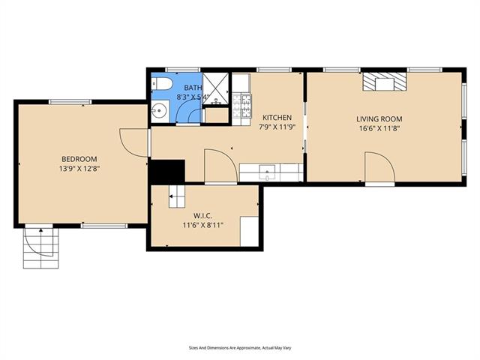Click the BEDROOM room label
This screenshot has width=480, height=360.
tap(79, 159)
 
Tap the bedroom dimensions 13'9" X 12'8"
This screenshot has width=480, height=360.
tap(79, 169)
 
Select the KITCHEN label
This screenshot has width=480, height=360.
tap(277, 118)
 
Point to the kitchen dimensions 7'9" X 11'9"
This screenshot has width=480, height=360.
tap(277, 127)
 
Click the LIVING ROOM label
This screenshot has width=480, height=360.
tap(379, 118)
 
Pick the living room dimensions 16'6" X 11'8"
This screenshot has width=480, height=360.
tap(379, 128)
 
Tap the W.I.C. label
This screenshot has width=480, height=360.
tap(202, 216)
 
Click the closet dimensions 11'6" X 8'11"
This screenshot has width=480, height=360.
tap(203, 226)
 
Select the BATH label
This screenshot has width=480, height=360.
tap(193, 88)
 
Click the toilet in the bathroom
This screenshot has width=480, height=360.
tap(162, 84)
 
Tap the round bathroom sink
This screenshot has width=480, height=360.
tap(160, 110)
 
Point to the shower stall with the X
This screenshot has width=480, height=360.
tap(216, 88)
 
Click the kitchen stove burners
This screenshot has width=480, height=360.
tap(241, 106)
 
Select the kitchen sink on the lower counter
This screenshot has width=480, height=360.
tap(267, 172)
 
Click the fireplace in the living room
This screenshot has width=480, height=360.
tap(385, 82)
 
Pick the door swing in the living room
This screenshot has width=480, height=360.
tap(379, 167)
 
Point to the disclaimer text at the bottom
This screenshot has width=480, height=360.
tap(240, 348)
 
